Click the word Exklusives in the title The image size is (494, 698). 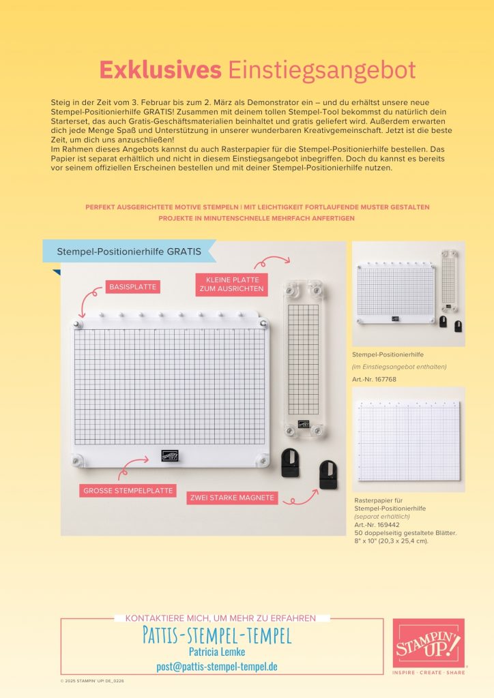160,70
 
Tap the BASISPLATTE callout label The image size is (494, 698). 132,287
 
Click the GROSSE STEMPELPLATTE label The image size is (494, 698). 128,491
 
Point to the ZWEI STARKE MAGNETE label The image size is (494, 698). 232,498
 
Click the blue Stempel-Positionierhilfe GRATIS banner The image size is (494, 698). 128,251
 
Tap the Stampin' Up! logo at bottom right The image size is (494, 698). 428,643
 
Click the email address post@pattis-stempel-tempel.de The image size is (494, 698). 217,666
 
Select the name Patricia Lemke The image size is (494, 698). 217,651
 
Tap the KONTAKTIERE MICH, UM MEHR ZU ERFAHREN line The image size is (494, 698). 220,618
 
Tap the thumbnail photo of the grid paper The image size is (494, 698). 409,440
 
